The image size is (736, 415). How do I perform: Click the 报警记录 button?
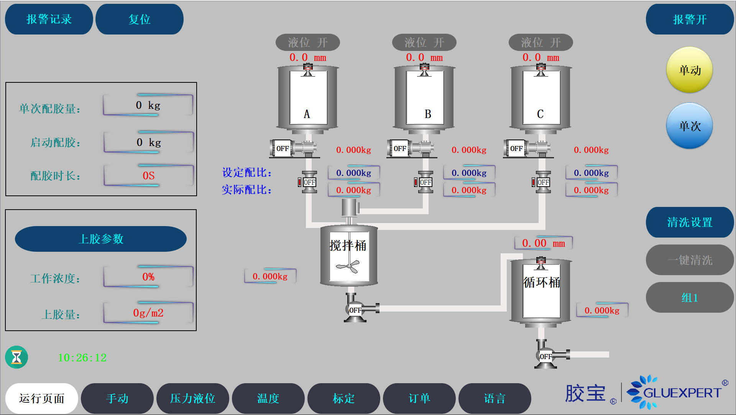(49, 19)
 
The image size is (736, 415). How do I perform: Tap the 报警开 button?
(690, 19)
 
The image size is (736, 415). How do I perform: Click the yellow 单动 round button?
(690, 70)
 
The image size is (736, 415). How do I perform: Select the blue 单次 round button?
(690, 126)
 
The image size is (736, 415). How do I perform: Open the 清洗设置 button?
(690, 222)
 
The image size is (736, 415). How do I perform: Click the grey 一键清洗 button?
(690, 260)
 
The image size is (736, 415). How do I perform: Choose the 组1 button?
(690, 297)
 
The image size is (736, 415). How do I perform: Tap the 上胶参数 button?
(101, 239)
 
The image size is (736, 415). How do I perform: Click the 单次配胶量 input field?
(148, 105)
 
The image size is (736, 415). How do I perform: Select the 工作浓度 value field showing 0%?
(148, 277)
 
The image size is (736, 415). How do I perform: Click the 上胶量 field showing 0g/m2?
(148, 313)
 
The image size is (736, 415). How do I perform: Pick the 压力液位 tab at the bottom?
(192, 399)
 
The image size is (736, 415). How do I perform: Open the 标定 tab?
(343, 399)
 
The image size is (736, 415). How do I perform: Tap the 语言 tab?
(495, 399)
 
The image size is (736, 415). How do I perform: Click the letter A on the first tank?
(307, 114)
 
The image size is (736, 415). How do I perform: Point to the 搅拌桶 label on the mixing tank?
(348, 246)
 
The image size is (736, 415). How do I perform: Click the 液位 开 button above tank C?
(540, 42)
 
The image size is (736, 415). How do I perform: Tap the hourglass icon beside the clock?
(16, 357)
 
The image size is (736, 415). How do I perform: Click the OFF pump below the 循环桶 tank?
(545, 356)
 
